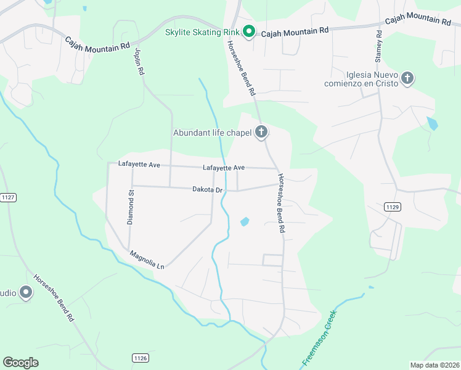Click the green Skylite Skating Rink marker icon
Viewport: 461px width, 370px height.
click(248, 31)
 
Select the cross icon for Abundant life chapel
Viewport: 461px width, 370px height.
click(261, 131)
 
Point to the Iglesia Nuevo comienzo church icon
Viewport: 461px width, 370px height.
click(407, 78)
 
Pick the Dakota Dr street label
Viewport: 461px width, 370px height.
click(207, 190)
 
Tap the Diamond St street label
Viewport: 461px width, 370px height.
click(131, 207)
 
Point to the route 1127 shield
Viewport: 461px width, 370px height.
click(9, 197)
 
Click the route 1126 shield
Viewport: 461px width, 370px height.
click(140, 358)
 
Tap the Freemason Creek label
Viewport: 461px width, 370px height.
click(319, 339)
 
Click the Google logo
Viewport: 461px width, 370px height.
click(20, 363)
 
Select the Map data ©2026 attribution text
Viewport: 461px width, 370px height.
click(434, 365)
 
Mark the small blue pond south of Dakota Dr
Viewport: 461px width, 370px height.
click(245, 221)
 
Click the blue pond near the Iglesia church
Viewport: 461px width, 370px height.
click(432, 123)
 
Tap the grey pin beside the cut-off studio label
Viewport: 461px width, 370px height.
click(25, 292)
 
